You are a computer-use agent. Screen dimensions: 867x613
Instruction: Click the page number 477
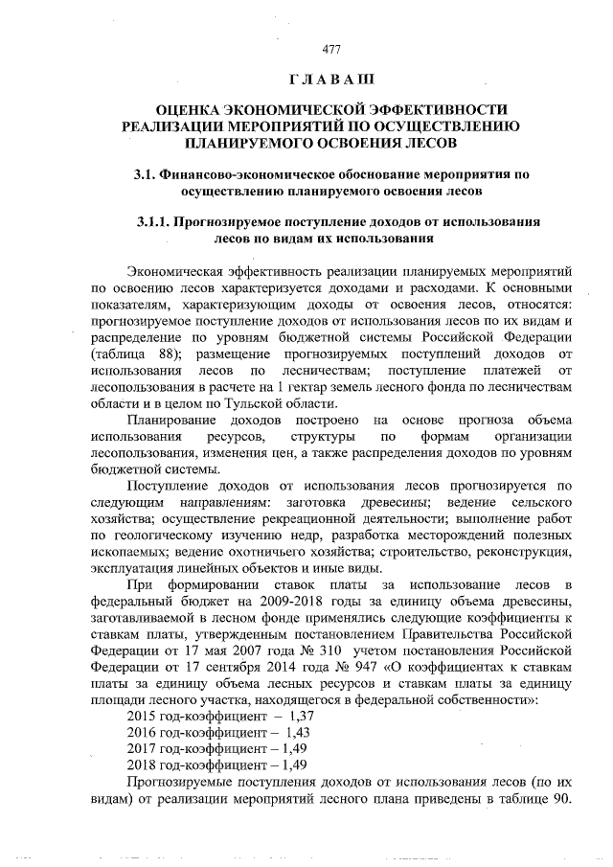pyautogui.click(x=331, y=49)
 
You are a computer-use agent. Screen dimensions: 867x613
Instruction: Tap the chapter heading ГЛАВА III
pyautogui.click(x=331, y=77)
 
